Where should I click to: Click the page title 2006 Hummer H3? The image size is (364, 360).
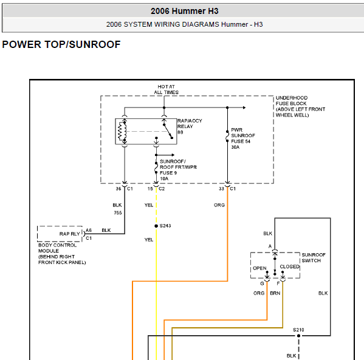point(185,11)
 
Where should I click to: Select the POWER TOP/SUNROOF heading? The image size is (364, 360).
point(61,44)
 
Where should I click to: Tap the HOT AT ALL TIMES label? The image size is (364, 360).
point(167,89)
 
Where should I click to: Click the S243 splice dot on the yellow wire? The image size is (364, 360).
point(156,226)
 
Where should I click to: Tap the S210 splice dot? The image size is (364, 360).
point(298,336)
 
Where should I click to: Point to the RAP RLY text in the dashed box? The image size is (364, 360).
point(70,234)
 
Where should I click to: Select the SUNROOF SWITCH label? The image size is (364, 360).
point(314,257)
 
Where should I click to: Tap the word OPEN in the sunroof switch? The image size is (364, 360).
point(259,268)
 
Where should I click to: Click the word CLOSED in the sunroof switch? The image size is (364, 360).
point(289,267)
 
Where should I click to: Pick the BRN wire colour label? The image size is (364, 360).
point(275,293)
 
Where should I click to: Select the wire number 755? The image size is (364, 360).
point(118,212)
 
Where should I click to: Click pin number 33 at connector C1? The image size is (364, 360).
point(221,189)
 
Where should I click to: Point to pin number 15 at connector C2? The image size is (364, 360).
point(150,189)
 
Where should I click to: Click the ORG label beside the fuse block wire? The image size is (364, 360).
point(219,205)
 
